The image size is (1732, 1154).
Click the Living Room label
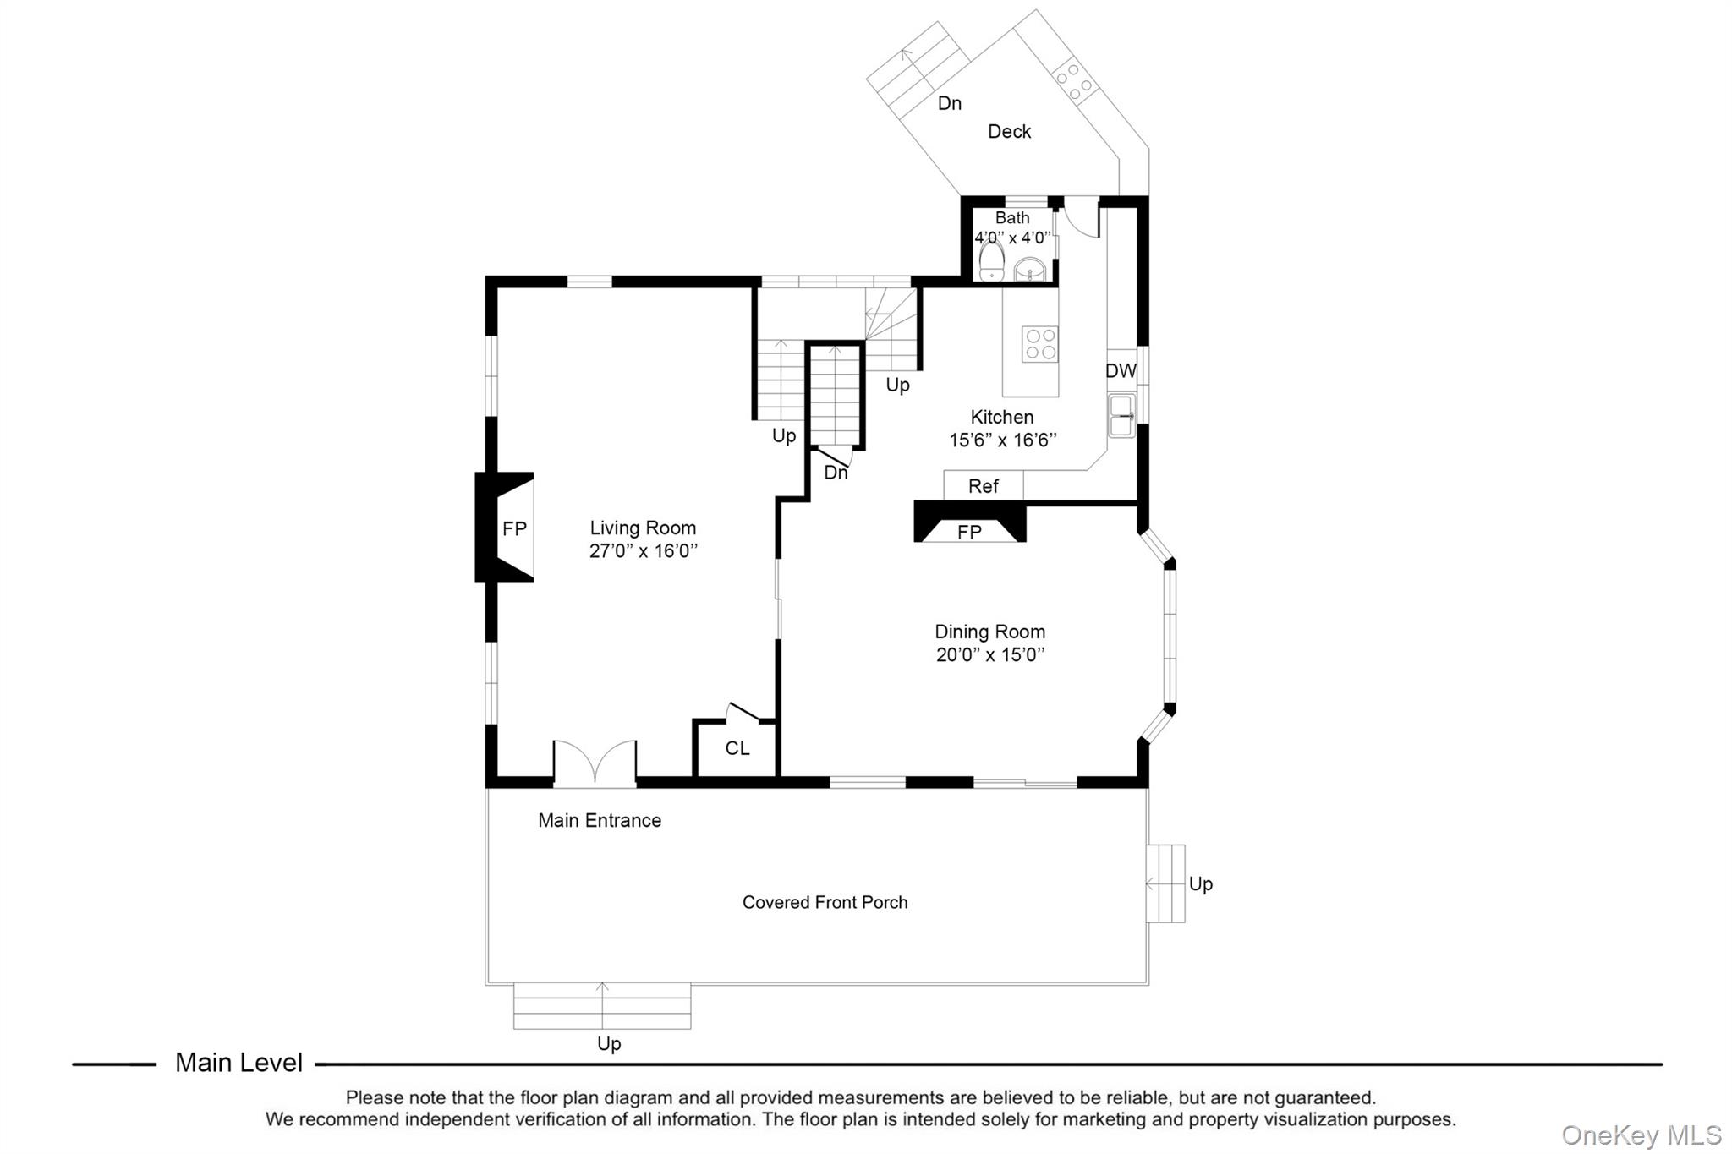(x=643, y=528)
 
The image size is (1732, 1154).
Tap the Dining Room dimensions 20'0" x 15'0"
(x=990, y=655)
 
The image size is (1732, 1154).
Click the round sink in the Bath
(x=1030, y=270)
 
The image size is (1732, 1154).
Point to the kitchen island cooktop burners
(x=1039, y=344)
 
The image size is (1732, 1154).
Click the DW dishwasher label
(x=1121, y=371)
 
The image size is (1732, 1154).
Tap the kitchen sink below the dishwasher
(x=1122, y=416)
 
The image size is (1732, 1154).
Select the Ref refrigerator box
(x=984, y=486)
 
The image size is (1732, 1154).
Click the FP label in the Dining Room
(x=969, y=533)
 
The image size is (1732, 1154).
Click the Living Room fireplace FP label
(x=514, y=529)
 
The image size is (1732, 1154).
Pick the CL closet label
(x=737, y=749)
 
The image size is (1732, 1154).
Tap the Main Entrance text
(x=600, y=821)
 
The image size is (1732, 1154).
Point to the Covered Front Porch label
(x=825, y=903)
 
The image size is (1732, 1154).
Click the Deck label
(x=1009, y=132)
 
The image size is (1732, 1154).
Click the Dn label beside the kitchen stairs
(x=836, y=473)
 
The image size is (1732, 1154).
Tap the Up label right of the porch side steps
(x=1200, y=884)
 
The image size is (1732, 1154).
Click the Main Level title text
(x=238, y=1064)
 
